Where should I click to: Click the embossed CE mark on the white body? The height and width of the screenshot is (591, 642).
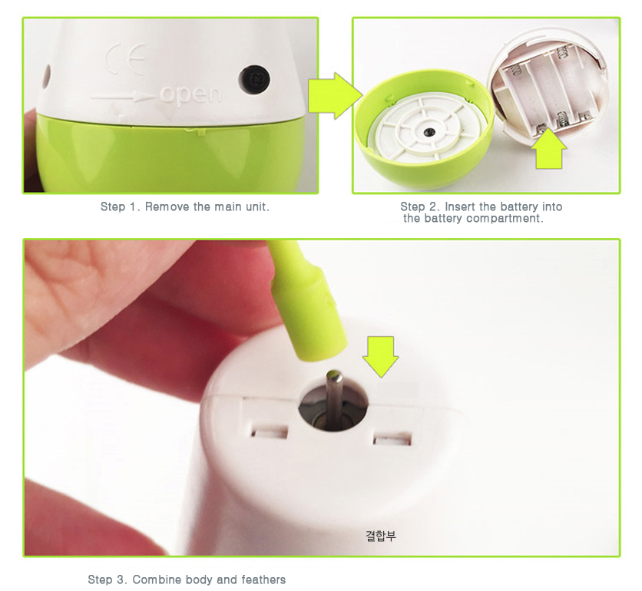click(x=126, y=59)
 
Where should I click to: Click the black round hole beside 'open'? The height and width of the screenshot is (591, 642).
click(x=254, y=78)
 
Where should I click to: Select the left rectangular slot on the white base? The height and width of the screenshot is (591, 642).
click(x=269, y=432)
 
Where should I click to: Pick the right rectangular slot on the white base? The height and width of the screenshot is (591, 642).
click(x=392, y=439)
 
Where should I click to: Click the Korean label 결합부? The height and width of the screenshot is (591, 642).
click(x=381, y=535)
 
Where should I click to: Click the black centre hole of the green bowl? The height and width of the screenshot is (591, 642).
click(x=429, y=132)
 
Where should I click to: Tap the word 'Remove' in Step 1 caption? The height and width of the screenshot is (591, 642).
click(x=167, y=206)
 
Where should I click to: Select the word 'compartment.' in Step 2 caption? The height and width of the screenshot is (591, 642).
click(x=505, y=219)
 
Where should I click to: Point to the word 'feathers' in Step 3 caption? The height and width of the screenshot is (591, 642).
click(x=263, y=579)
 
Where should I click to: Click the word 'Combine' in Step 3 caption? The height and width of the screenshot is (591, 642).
click(x=157, y=579)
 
